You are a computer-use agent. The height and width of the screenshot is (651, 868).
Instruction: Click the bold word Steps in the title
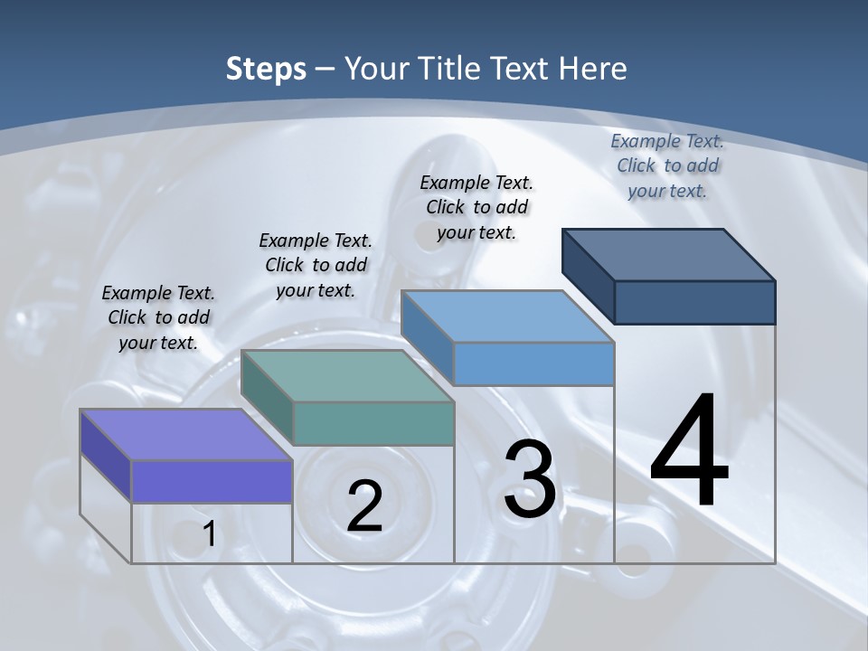265,69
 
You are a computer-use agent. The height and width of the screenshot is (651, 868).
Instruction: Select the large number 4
689,452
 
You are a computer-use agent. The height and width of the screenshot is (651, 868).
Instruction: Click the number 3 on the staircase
529,479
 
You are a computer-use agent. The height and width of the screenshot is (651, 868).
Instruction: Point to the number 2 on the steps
364,506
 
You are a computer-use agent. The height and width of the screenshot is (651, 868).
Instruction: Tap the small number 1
210,534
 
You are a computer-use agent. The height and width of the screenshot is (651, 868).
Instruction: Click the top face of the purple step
185,434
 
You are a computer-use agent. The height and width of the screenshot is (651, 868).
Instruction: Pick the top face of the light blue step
507,316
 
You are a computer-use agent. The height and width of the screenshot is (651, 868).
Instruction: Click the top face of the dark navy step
669,254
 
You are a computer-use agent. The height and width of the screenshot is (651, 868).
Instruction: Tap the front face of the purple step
212,481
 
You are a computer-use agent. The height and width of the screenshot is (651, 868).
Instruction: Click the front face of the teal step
373,423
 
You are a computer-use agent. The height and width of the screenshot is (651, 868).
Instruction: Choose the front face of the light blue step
533,363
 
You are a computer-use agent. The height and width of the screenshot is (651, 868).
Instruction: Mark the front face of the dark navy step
694,302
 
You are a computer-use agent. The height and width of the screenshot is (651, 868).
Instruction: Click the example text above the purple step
158,317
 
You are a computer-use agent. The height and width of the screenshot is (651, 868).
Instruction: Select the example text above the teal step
316,265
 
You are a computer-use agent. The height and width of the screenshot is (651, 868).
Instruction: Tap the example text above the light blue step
476,207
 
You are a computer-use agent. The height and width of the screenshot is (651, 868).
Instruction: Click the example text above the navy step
667,165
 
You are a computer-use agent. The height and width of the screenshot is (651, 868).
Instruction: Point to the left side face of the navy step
588,276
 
